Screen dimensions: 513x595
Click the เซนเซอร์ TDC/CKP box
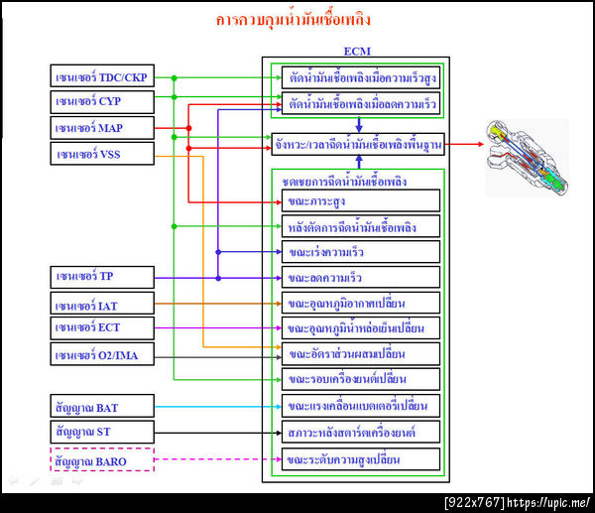[102, 76]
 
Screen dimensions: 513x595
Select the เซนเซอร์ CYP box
[102, 102]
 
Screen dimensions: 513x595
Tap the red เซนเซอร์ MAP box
[102, 128]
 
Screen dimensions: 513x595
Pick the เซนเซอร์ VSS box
[102, 154]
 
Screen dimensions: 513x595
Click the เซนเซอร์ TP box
[102, 277]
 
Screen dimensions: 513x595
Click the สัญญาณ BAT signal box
[102, 406]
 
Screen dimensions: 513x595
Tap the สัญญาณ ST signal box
[102, 432]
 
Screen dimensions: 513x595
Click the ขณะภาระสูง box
[359, 200]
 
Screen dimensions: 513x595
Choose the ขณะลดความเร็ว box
[359, 277]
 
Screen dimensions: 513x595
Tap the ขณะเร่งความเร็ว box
[359, 252]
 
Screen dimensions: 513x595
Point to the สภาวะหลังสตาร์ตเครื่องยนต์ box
[359, 432]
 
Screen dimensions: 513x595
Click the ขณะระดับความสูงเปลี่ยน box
[359, 459]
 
